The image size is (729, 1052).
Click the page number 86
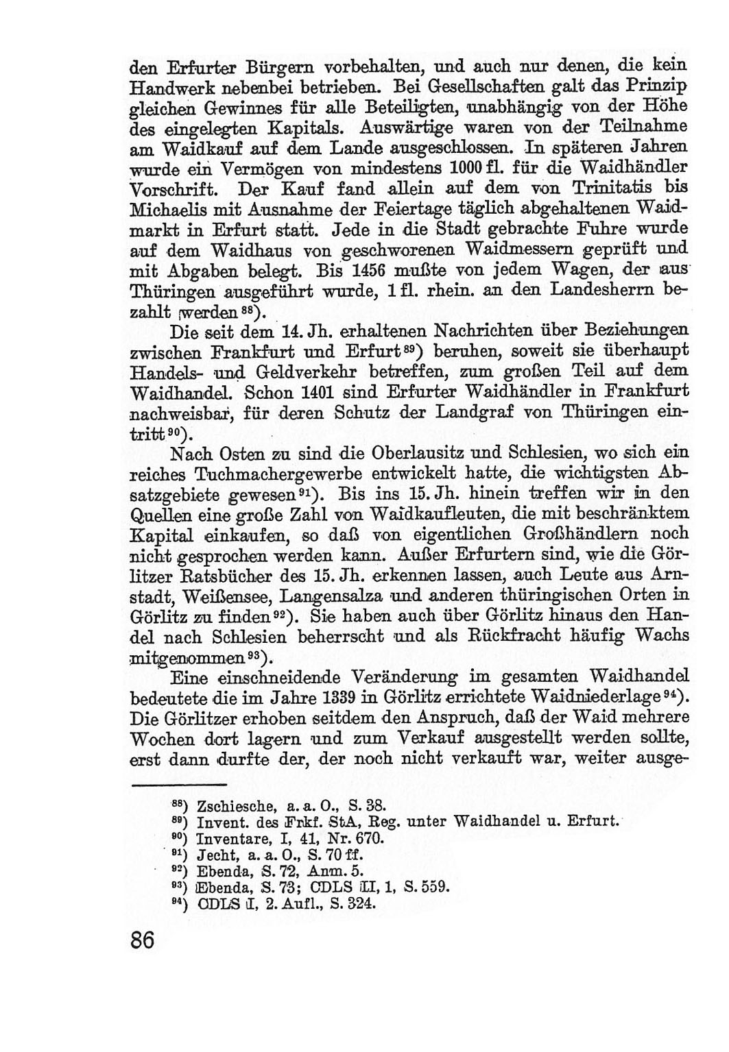[142, 938]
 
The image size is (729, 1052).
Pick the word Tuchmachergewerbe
[277, 474]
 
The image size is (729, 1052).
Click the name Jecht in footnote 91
[213, 855]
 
